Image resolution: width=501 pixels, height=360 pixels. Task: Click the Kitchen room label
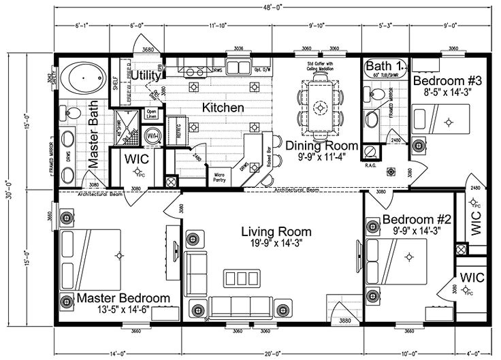(x=223, y=108)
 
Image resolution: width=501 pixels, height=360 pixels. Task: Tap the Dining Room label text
(x=312, y=145)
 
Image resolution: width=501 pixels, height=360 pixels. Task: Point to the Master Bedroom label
(x=123, y=298)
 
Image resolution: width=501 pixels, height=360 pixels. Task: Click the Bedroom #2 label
(x=417, y=220)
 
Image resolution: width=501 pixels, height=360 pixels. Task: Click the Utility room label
(x=145, y=75)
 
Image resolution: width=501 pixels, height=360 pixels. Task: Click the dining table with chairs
(x=320, y=107)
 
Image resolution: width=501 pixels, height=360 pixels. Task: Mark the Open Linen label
(x=152, y=114)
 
